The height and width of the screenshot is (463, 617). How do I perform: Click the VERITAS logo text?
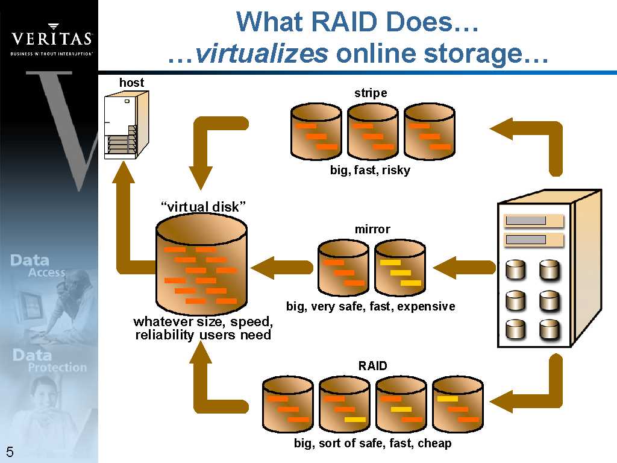(x=52, y=39)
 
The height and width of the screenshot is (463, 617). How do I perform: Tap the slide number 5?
(x=10, y=452)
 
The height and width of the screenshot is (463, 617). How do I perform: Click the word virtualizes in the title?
(x=262, y=54)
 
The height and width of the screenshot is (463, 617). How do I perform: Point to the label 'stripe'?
(x=371, y=93)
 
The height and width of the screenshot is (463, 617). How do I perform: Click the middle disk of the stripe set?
(x=372, y=131)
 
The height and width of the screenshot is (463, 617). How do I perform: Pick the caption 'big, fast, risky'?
(x=370, y=170)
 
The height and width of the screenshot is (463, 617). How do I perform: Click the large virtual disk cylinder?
(x=201, y=265)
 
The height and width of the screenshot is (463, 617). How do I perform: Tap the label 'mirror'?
(x=372, y=229)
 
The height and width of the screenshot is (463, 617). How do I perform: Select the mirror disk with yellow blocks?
(x=399, y=268)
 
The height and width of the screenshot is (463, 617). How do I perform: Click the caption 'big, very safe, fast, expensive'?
(x=371, y=306)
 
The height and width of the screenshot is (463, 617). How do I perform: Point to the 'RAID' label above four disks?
(x=372, y=366)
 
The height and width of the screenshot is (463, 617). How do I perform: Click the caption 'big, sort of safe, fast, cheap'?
(x=372, y=444)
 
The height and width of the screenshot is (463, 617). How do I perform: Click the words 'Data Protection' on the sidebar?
(x=50, y=361)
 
